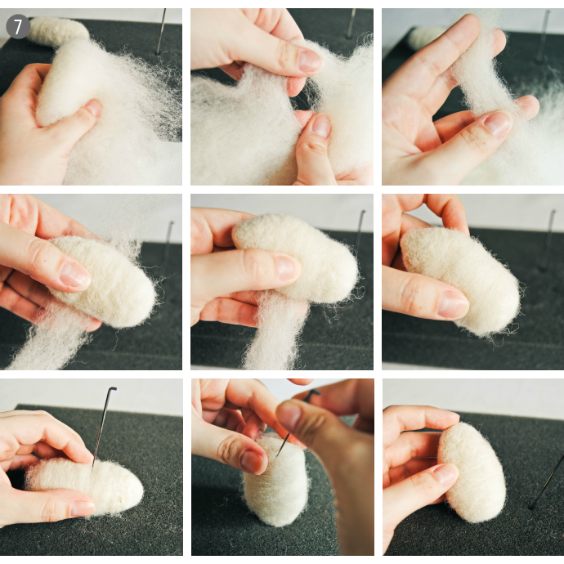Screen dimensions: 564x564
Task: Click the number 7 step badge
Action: [18, 26]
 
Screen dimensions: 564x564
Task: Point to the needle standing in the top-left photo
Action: [162, 31]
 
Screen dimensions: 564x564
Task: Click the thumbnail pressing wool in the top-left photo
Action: [93, 108]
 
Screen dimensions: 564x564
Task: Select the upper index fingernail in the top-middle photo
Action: [309, 60]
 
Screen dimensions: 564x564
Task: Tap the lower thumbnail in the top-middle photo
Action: [321, 126]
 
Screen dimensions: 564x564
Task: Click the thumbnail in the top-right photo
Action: [497, 123]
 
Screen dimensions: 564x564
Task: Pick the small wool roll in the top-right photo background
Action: [428, 37]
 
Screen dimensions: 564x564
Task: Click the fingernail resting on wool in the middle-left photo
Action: [75, 275]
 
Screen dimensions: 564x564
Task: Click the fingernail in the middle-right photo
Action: [453, 304]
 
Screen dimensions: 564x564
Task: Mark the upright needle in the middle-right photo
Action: [548, 240]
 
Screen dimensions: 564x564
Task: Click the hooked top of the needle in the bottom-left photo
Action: [112, 389]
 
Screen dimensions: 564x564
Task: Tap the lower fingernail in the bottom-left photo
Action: [83, 508]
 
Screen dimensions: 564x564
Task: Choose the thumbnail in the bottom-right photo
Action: [445, 474]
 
